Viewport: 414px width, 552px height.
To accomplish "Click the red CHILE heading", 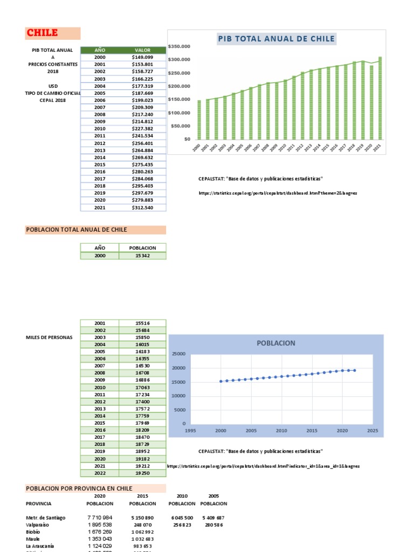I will pyautogui.click(x=43, y=33).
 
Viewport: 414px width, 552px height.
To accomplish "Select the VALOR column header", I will pyautogui.click(x=142, y=50).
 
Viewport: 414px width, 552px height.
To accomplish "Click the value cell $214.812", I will pyautogui.click(x=142, y=121).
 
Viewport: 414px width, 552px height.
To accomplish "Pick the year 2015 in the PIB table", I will pyautogui.click(x=100, y=164).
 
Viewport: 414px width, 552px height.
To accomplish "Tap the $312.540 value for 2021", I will pyautogui.click(x=142, y=207).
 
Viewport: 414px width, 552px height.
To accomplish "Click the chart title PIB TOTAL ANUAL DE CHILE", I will pyautogui.click(x=277, y=39).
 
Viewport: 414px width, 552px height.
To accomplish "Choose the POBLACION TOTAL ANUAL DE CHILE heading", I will pyautogui.click(x=77, y=230).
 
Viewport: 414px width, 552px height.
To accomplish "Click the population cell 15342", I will pyautogui.click(x=142, y=256).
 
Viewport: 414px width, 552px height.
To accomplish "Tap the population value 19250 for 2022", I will pyautogui.click(x=142, y=473).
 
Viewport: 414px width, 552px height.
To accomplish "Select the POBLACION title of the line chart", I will pyautogui.click(x=276, y=343).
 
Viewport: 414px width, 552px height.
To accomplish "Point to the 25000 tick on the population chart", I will pyautogui.click(x=178, y=354).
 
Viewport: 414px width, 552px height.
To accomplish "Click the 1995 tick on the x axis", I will pyautogui.click(x=190, y=431).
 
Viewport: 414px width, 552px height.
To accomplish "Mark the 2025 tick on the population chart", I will pyautogui.click(x=372, y=431).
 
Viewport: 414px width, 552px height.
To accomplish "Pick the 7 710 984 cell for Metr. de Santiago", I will pyautogui.click(x=100, y=517).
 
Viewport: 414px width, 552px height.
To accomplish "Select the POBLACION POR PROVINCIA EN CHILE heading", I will pyautogui.click(x=79, y=488).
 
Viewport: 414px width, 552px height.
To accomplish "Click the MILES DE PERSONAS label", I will pyautogui.click(x=49, y=337).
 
